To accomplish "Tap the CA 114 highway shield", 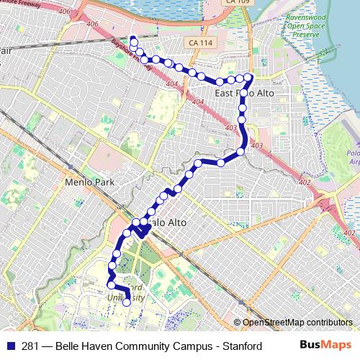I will tap(202, 43).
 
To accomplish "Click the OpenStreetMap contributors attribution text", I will tap(297, 323).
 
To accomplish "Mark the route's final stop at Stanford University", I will tap(127, 302).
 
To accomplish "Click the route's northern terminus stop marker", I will tap(133, 39).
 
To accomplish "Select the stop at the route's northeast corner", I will tap(248, 76).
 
